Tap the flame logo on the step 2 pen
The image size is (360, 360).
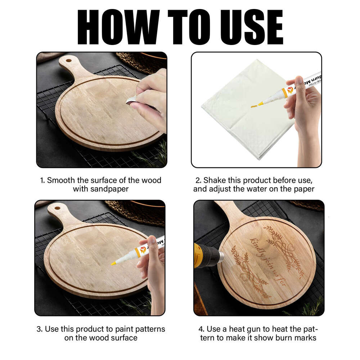click(x=290, y=90)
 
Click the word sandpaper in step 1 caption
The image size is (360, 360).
click(x=111, y=189)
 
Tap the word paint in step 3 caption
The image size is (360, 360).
click(x=121, y=329)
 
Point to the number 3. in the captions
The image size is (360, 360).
click(x=39, y=329)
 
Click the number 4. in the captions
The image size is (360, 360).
click(x=202, y=329)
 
